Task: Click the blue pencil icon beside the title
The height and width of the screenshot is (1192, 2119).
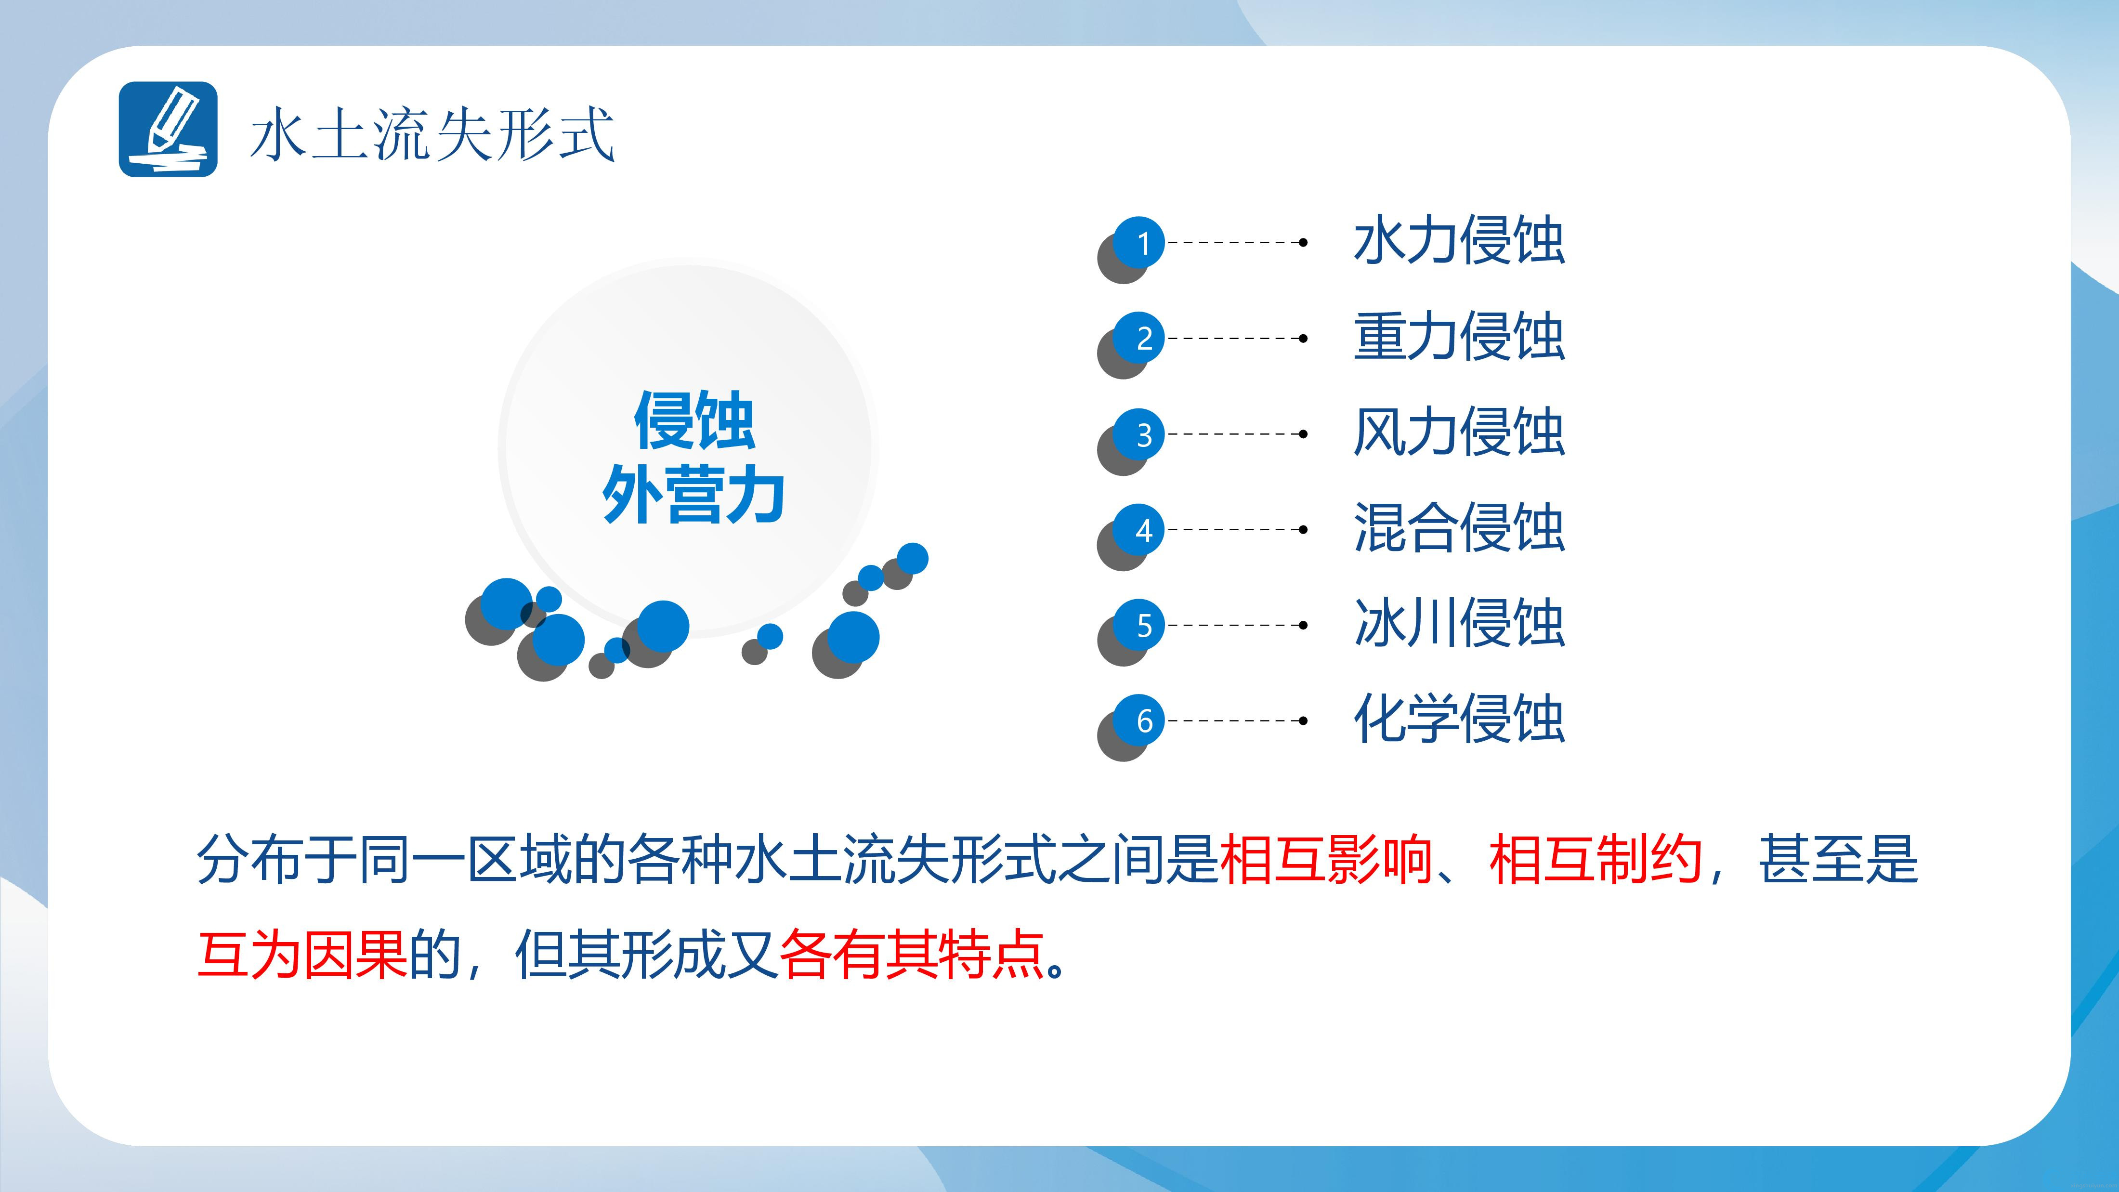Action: (168, 129)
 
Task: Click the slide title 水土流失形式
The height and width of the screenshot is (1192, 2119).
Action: (432, 133)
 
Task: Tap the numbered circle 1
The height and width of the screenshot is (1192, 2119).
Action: (1139, 243)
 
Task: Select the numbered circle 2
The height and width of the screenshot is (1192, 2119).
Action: (1139, 338)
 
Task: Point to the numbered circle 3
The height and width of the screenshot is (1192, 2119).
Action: (1139, 434)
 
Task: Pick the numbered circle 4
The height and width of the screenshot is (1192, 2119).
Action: (1139, 530)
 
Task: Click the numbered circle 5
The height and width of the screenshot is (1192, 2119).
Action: (1139, 625)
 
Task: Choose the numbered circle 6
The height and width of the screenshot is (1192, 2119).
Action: (1139, 720)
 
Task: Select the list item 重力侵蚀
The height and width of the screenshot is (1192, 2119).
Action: (1458, 337)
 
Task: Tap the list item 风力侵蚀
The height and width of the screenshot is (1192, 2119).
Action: (1458, 432)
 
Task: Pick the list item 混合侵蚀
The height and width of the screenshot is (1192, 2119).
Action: (1458, 528)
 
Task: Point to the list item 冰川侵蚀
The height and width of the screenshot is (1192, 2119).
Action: (1458, 624)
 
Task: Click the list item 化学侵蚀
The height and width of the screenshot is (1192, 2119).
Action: (1458, 719)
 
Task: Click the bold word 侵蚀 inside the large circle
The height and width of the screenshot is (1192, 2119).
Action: (694, 421)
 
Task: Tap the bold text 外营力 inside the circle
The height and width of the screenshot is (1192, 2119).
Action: (693, 495)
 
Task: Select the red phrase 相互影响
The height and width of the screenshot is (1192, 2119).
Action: (1327, 860)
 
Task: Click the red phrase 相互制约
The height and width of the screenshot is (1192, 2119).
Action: (1596, 860)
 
